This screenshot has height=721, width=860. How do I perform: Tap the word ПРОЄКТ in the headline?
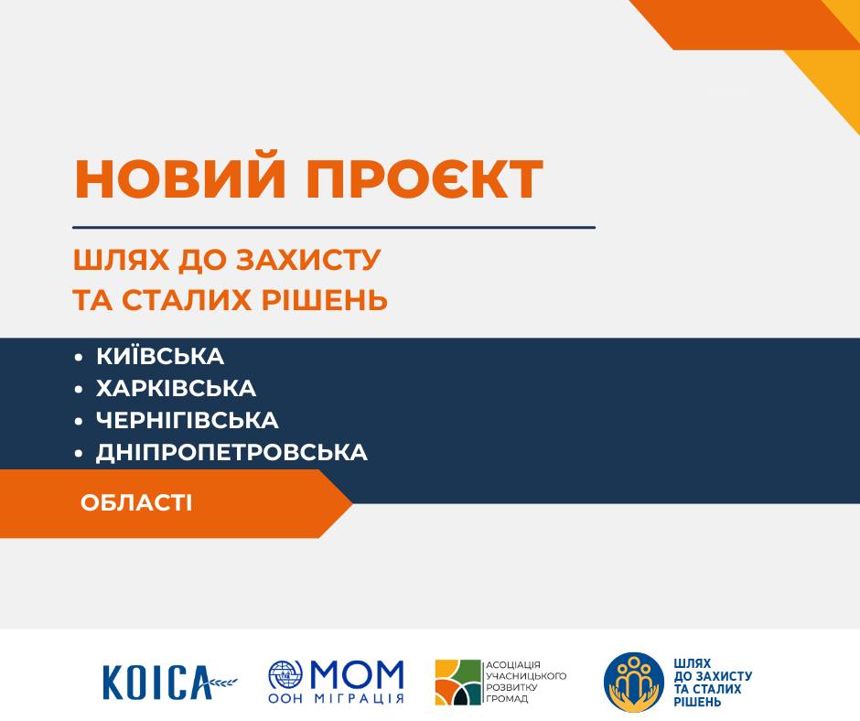[424, 179]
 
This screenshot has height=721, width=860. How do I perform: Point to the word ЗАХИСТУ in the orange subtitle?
[307, 260]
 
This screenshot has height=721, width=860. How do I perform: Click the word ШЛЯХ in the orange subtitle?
[121, 260]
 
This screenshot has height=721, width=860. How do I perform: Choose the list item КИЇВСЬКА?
[160, 356]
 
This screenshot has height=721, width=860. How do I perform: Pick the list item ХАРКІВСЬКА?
[176, 389]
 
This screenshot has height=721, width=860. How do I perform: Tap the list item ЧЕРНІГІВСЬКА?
[187, 420]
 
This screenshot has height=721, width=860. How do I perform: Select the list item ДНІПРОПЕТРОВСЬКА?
[231, 453]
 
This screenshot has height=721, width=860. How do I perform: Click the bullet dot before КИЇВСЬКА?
[79, 358]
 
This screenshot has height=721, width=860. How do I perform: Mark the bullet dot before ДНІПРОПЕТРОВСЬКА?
[79, 454]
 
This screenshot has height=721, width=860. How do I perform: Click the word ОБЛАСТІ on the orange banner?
[136, 502]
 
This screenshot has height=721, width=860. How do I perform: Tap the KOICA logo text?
[156, 682]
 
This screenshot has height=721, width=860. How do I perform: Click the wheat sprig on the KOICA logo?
[223, 682]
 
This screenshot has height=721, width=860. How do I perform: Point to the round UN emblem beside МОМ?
[285, 674]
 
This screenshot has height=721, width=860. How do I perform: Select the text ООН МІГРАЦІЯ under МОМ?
[336, 698]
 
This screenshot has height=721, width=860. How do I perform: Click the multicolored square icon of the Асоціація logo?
[458, 682]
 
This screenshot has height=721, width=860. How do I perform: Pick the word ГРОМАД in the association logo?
[508, 699]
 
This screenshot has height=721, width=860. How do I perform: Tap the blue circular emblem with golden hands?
[634, 682]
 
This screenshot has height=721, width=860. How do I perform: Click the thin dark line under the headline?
[334, 227]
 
